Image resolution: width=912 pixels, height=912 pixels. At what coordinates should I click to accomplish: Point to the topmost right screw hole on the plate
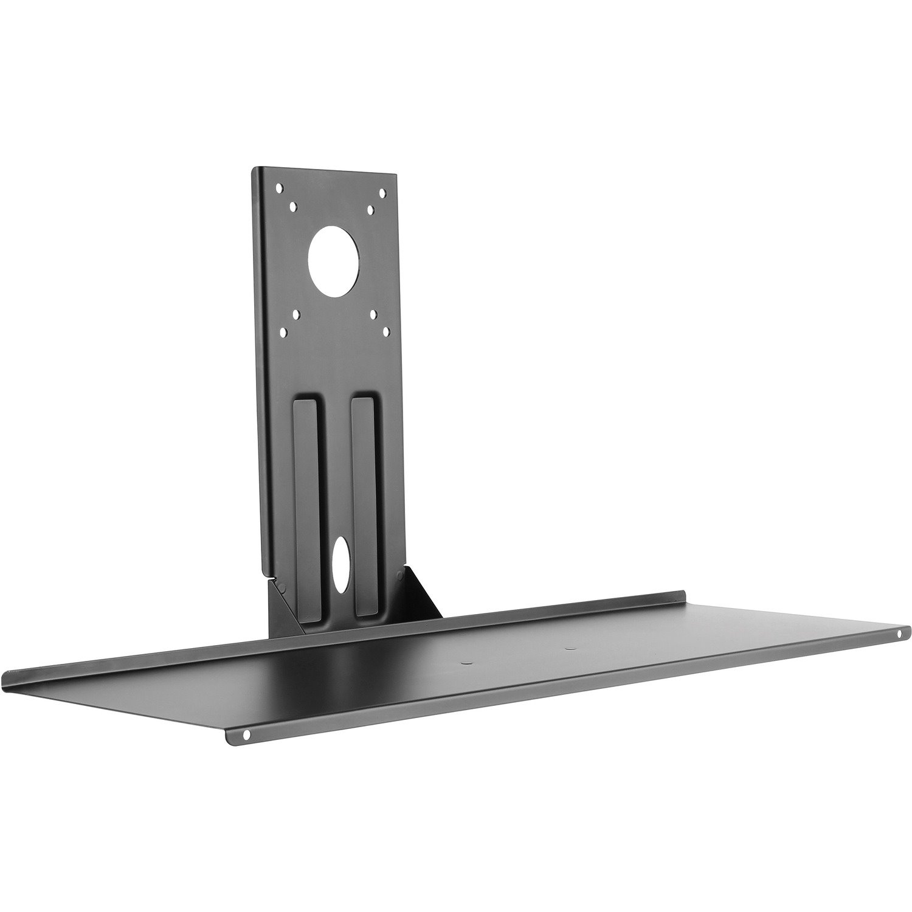click(382, 193)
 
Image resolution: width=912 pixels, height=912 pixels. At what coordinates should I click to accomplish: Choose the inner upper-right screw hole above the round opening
click(370, 209)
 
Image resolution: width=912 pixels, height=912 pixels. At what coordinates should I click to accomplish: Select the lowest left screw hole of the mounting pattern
click(283, 333)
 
